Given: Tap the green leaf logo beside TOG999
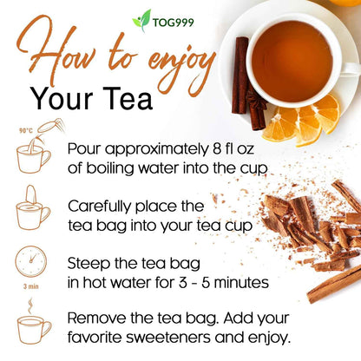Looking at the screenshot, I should click(141, 19).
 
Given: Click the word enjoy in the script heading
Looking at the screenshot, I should click(168, 62).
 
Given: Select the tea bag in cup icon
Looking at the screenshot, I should click(33, 208).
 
